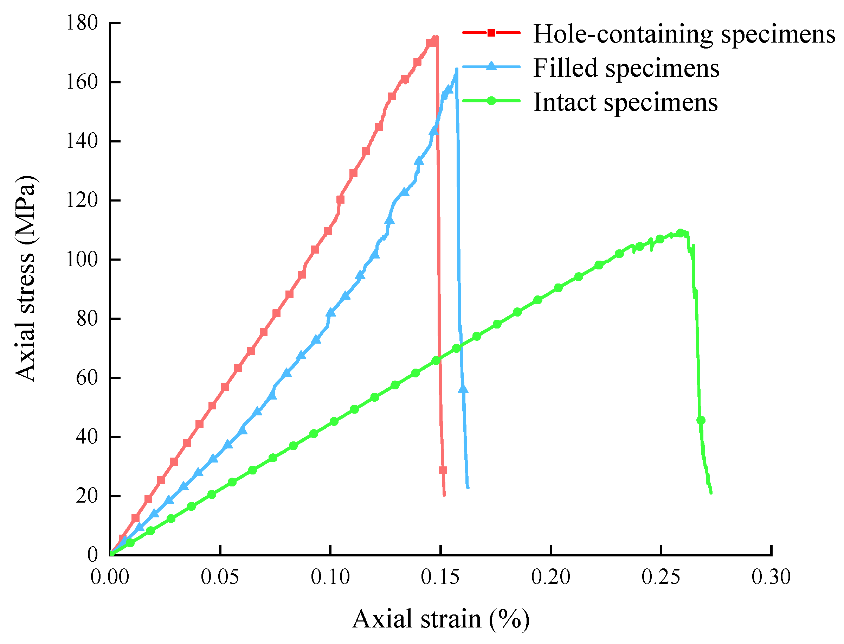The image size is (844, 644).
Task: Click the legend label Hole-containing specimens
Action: (683, 34)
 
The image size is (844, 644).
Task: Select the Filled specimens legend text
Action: (626, 69)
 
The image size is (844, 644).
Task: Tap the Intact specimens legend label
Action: (625, 103)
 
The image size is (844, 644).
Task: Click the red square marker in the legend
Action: (491, 33)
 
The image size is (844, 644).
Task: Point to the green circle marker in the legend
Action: (491, 101)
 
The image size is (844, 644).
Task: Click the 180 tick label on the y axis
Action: (82, 23)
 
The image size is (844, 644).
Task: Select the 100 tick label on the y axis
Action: (82, 260)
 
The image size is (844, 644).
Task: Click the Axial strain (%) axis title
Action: (440, 619)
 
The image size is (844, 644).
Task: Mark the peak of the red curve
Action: (436, 37)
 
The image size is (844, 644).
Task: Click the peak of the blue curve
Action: (456, 69)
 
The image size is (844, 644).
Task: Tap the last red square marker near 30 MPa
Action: (443, 470)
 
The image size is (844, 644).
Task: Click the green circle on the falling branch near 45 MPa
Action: (701, 421)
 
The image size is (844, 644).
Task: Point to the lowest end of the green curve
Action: (711, 493)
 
